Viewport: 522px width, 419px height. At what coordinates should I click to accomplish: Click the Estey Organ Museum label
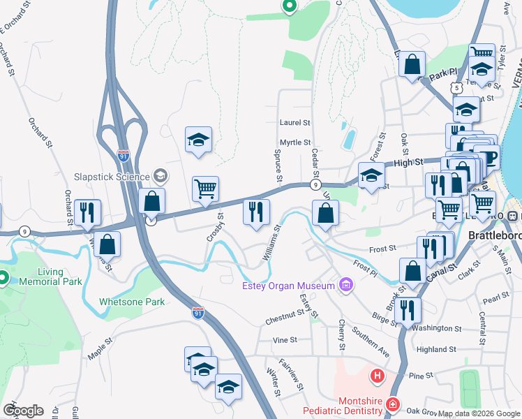pyautogui.click(x=288, y=285)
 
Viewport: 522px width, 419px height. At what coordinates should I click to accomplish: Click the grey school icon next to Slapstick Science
pyautogui.click(x=161, y=175)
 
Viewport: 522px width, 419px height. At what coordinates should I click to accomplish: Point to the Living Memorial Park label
pyautogui.click(x=41, y=276)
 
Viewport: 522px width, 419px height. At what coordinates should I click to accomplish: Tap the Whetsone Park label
pyautogui.click(x=132, y=302)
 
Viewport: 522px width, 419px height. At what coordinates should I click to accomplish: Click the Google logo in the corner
pyautogui.click(x=23, y=410)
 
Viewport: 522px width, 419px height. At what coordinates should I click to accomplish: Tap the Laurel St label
pyautogui.click(x=294, y=122)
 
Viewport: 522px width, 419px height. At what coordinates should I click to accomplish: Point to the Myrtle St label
pyautogui.click(x=294, y=142)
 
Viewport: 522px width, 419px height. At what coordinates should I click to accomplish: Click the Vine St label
pyautogui.click(x=285, y=340)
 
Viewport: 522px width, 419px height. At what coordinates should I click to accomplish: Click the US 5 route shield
pyautogui.click(x=456, y=89)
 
